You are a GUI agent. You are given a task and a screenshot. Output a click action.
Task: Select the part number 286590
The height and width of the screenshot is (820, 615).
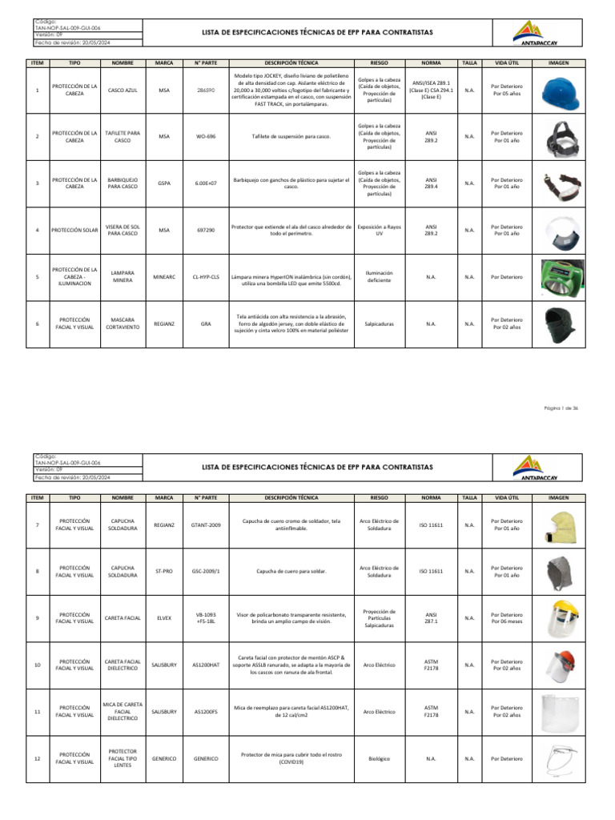point(206,90)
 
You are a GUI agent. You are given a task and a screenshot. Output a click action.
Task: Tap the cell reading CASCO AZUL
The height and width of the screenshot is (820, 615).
point(123,90)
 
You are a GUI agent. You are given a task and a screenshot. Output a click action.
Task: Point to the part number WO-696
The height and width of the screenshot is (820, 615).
point(206,137)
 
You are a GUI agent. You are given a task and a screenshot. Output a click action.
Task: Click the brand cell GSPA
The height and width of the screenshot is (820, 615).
point(164,183)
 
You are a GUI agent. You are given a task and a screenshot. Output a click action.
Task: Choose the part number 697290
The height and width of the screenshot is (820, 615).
point(206,230)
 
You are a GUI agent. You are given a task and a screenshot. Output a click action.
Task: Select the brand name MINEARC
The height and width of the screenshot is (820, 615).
point(164,276)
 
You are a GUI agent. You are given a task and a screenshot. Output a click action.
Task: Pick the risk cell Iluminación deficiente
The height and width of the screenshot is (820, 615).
point(379,276)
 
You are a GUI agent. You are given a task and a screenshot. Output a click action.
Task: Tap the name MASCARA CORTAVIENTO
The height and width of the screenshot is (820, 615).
point(123,324)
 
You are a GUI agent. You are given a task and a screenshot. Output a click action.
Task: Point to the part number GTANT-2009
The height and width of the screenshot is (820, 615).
point(206,525)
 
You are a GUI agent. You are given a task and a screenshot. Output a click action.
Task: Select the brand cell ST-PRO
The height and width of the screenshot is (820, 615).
point(164,571)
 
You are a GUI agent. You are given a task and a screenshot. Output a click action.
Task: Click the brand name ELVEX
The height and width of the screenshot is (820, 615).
point(164,617)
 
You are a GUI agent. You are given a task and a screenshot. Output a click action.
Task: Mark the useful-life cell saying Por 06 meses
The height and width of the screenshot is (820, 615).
point(506,621)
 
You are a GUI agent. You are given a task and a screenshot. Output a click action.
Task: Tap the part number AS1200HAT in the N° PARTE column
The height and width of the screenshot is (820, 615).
point(206,665)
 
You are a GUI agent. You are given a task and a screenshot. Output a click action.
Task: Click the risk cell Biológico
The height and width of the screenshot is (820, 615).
point(379,758)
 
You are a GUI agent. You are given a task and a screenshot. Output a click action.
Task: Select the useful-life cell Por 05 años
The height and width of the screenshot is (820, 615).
point(506,94)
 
